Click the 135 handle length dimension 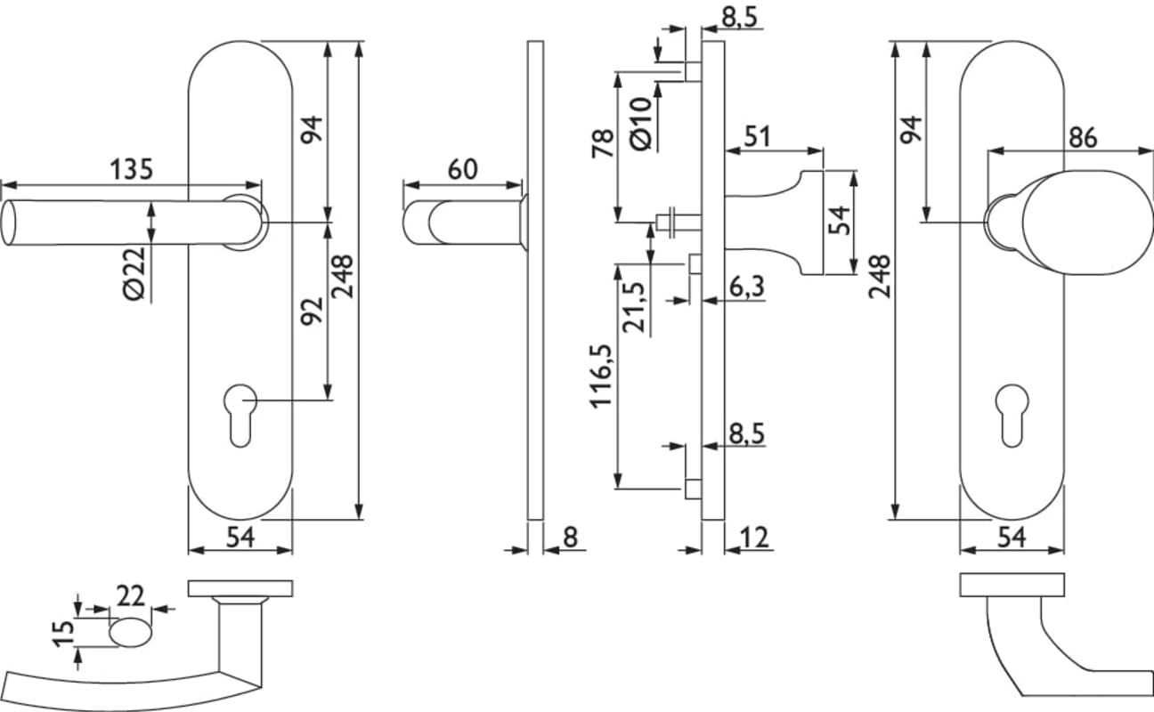click(x=132, y=169)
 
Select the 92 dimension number click(x=313, y=311)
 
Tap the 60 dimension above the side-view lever click(x=463, y=169)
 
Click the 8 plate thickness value click(x=570, y=537)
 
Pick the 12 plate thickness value click(x=754, y=537)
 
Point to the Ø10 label click(x=641, y=124)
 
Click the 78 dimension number click(x=603, y=143)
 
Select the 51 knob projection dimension click(x=757, y=136)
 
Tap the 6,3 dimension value click(x=746, y=287)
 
